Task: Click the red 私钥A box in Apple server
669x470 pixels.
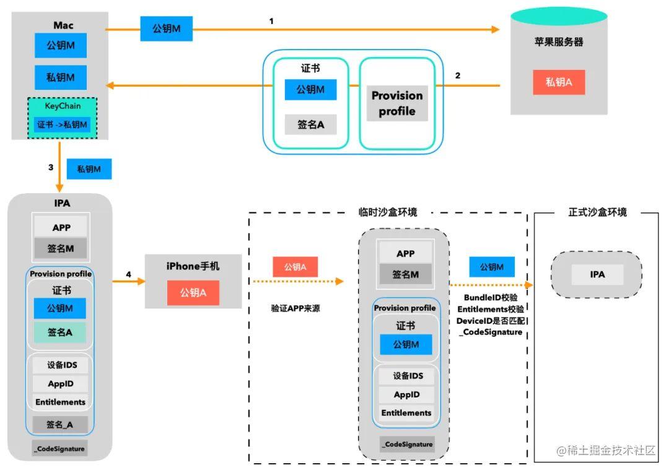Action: click(x=559, y=82)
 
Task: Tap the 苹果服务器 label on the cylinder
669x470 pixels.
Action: click(x=559, y=43)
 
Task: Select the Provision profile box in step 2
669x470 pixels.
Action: click(x=397, y=103)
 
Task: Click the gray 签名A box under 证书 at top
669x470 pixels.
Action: click(x=310, y=124)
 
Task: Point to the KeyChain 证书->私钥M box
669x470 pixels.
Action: click(x=63, y=125)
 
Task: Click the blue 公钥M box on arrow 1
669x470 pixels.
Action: click(x=166, y=28)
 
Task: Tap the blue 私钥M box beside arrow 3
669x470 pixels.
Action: click(x=89, y=168)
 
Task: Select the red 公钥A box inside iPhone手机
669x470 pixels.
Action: click(x=193, y=293)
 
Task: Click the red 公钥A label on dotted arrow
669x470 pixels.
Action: click(x=295, y=267)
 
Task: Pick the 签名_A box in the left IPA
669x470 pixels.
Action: click(x=60, y=425)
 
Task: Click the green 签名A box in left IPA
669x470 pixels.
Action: click(x=60, y=333)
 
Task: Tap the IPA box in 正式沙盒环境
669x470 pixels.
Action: click(x=597, y=274)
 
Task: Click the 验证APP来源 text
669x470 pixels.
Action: click(x=295, y=308)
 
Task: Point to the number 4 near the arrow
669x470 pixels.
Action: click(x=128, y=274)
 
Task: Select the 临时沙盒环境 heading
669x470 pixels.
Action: click(x=388, y=212)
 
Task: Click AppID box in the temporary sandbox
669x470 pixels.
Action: click(x=406, y=394)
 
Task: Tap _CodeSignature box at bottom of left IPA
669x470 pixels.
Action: click(x=60, y=448)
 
